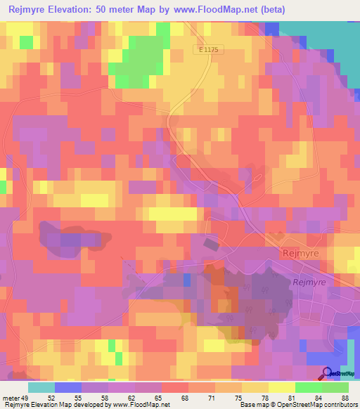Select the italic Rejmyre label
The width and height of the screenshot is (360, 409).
point(306,281)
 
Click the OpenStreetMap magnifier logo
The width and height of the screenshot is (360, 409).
point(327,373)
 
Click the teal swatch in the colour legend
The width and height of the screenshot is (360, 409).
point(41,387)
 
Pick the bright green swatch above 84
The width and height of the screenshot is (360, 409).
point(309,387)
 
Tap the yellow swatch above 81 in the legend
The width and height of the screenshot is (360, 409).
point(282,387)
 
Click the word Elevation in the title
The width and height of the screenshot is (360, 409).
point(78,11)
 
